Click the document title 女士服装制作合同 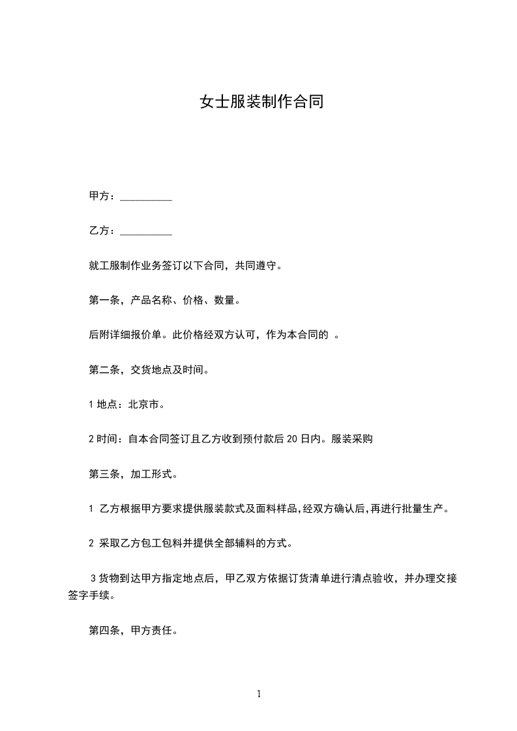point(261,102)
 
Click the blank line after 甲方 point(147,197)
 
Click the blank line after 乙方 point(147,231)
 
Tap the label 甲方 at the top point(98,196)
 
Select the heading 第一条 point(102,301)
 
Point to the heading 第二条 point(102,371)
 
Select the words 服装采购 point(351,440)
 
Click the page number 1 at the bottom point(259,694)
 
